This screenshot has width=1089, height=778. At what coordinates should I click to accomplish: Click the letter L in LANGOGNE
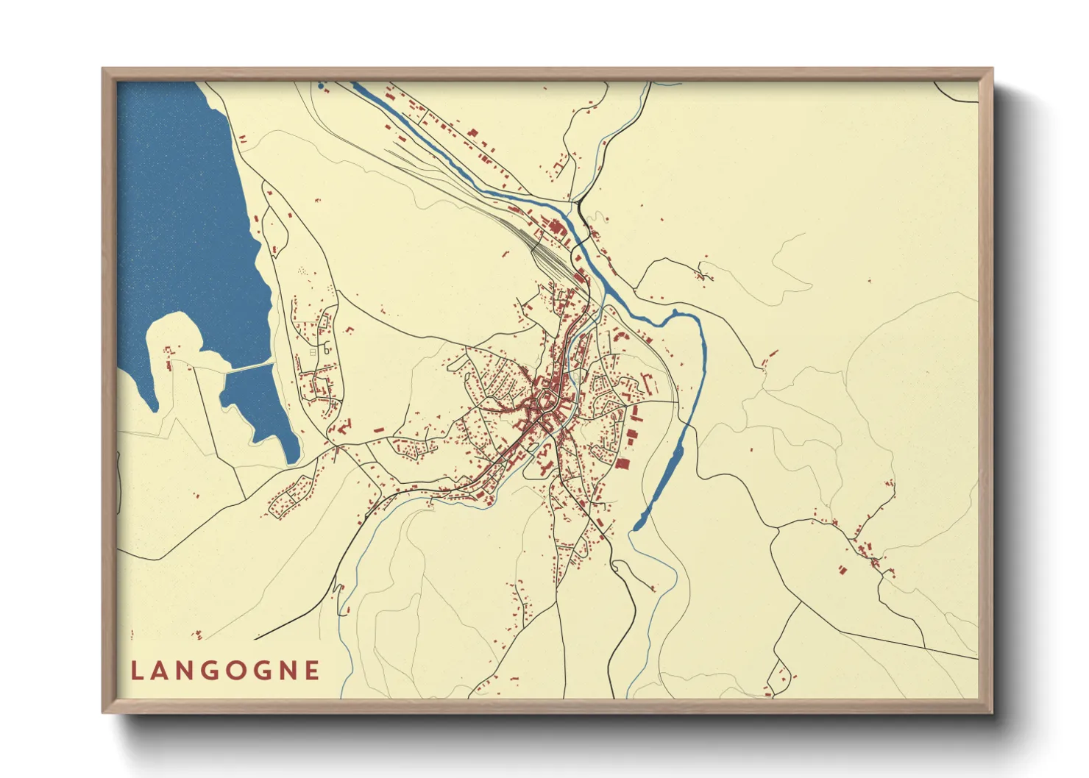click(136, 671)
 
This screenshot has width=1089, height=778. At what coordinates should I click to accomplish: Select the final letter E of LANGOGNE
click(313, 671)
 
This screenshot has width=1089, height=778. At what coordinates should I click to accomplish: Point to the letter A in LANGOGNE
click(160, 671)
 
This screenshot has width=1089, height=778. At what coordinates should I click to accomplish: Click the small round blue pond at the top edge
click(321, 86)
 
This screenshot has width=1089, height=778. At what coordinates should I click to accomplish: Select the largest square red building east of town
click(622, 463)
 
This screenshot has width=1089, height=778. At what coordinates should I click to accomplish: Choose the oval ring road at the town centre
click(547, 400)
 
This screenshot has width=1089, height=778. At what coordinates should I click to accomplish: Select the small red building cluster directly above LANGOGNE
click(196, 635)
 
